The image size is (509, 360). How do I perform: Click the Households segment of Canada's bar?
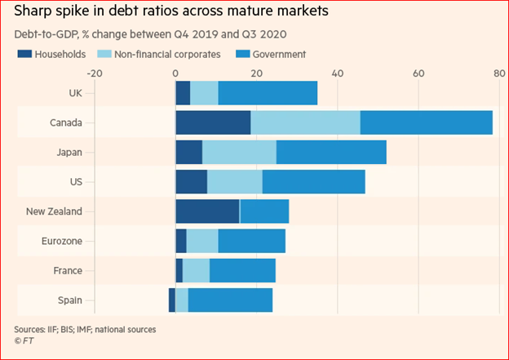[x=213, y=122]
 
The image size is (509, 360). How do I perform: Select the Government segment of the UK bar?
[x=268, y=92]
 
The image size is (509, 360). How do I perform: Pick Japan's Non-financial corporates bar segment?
[x=239, y=152]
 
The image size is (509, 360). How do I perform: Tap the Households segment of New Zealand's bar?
[x=207, y=211]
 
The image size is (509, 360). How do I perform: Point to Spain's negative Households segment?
[x=172, y=300]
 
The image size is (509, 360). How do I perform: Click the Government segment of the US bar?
[x=313, y=181]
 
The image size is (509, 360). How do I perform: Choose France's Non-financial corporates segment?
[x=196, y=270]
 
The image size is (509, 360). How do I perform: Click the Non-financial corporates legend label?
[x=168, y=55]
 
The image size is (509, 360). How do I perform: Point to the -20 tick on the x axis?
[x=94, y=73]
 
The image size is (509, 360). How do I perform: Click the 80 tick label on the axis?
[x=498, y=73]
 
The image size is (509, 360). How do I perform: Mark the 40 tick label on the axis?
[x=337, y=73]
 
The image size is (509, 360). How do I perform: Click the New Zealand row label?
[x=55, y=211]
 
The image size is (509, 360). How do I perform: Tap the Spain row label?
[x=70, y=300]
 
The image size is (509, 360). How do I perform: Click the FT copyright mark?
[x=26, y=341]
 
